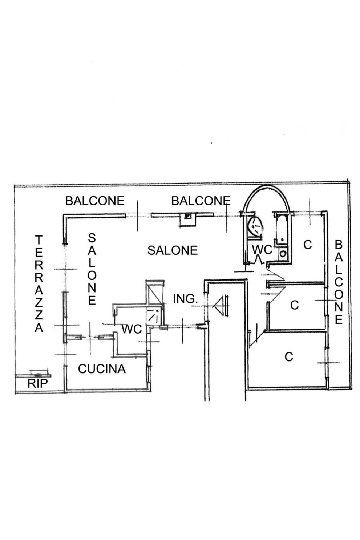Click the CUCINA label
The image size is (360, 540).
pyautogui.click(x=102, y=369)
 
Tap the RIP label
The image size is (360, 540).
pyautogui.click(x=37, y=384)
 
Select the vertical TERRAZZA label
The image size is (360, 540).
pyautogui.click(x=39, y=284)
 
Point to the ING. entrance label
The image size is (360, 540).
pyautogui.click(x=185, y=299)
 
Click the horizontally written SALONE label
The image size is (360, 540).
pyautogui.click(x=172, y=250)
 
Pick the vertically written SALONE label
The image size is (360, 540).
pyautogui.click(x=92, y=269)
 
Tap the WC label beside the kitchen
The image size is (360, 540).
pyautogui.click(x=131, y=329)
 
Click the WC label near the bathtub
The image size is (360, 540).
pyautogui.click(x=262, y=249)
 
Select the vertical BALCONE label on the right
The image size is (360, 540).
pyautogui.click(x=339, y=282)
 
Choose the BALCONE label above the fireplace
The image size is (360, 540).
pyautogui.click(x=201, y=201)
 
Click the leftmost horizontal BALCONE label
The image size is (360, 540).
pyautogui.click(x=95, y=201)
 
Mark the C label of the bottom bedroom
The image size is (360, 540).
pyautogui.click(x=289, y=357)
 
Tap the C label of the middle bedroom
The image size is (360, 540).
pyautogui.click(x=294, y=305)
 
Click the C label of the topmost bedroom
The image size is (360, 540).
pyautogui.click(x=307, y=245)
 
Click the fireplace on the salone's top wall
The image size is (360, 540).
pyautogui.click(x=188, y=217)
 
